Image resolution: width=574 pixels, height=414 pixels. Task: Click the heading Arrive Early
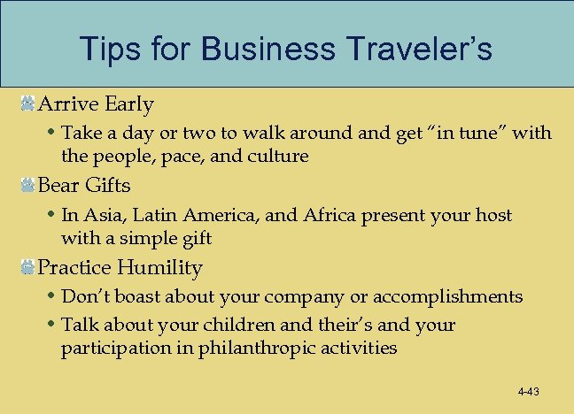click(x=96, y=104)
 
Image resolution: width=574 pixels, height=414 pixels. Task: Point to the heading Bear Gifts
click(x=84, y=186)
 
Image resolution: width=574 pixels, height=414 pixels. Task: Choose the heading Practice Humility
click(x=120, y=267)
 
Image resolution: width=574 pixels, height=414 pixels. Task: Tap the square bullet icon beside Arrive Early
click(x=28, y=104)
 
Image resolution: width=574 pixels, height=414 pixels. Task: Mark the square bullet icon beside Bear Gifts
click(x=28, y=186)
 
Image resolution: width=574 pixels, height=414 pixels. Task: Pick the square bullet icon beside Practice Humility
click(x=28, y=267)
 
